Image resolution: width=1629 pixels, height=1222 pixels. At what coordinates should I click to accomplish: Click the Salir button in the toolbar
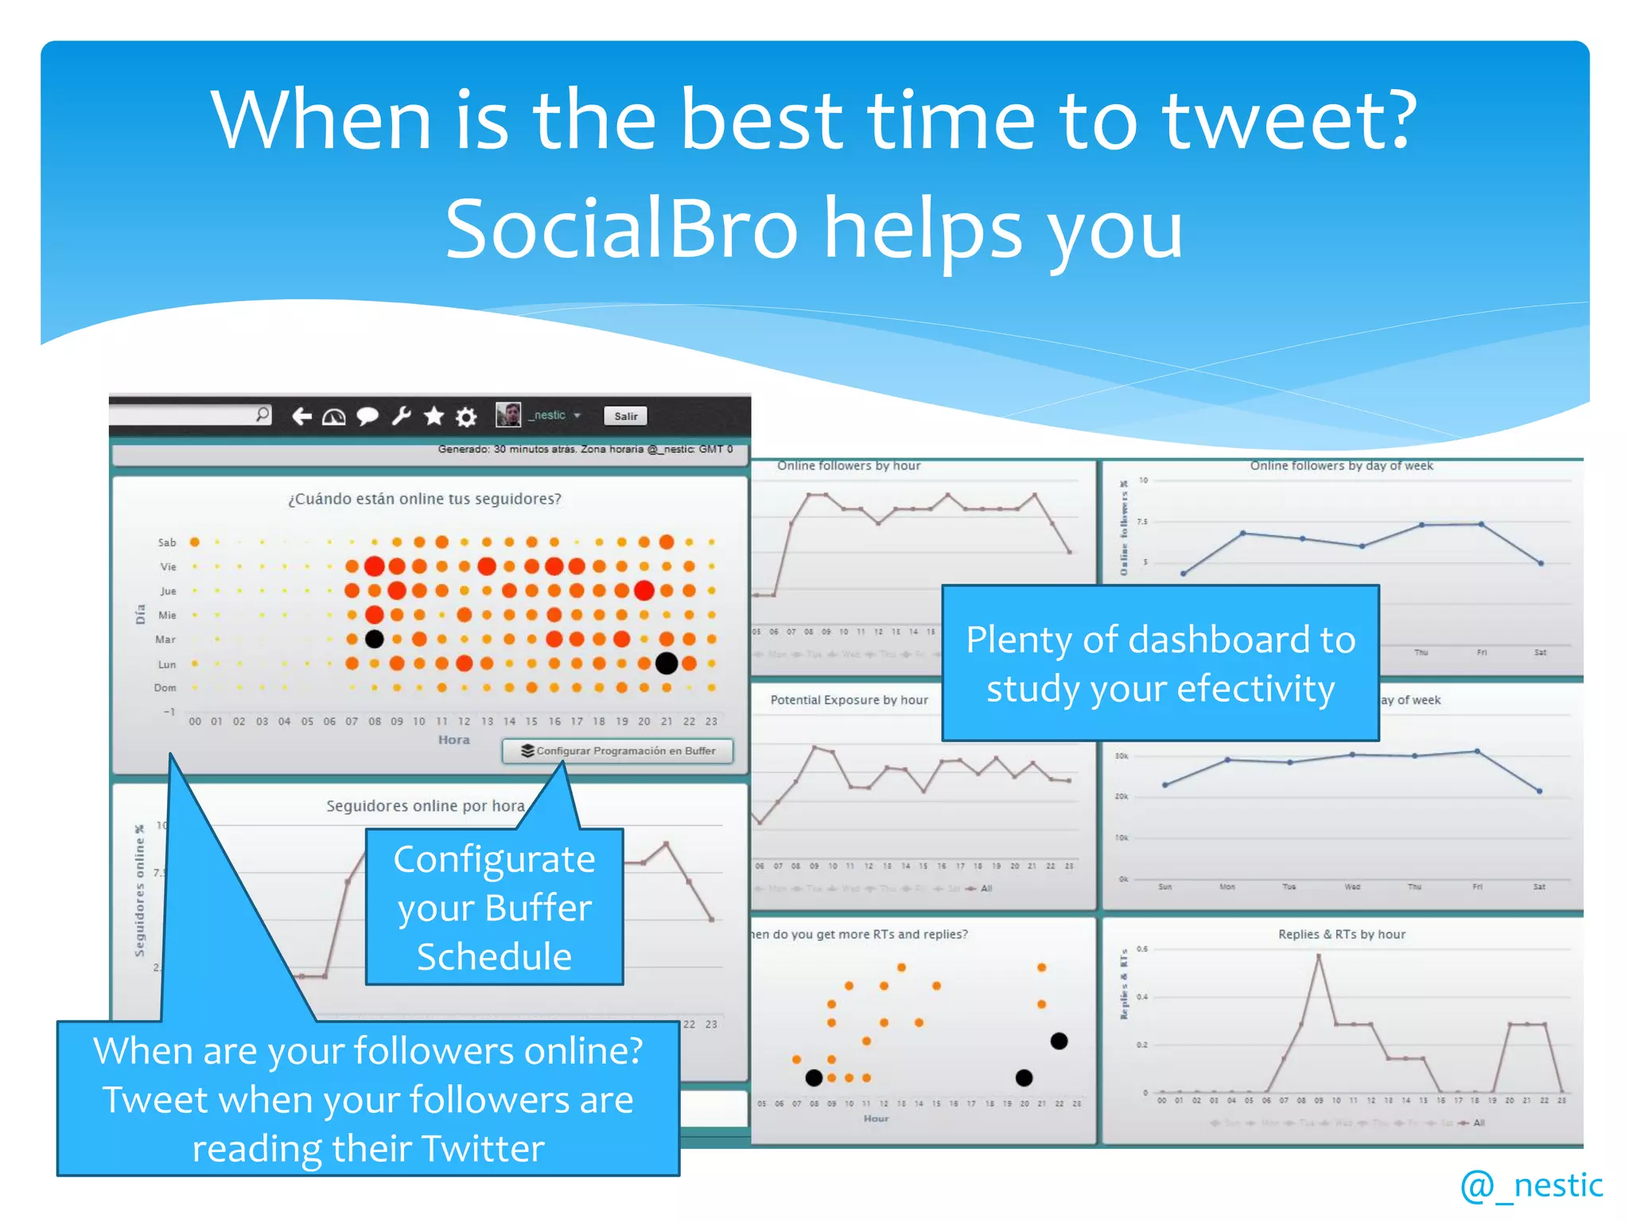(625, 416)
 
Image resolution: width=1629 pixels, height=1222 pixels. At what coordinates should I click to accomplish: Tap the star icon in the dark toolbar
(433, 415)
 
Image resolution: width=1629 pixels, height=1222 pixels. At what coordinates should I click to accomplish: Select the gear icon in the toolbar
(466, 416)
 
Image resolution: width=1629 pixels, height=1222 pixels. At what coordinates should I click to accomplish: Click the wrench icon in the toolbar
(401, 415)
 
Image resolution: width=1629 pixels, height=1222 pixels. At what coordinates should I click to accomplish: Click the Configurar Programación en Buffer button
(617, 751)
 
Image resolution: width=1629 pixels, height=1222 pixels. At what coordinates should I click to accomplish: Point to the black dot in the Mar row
(374, 639)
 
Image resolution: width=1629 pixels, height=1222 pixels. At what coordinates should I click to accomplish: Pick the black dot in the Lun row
(667, 663)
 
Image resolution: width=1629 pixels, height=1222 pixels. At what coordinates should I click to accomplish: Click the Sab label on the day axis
(166, 543)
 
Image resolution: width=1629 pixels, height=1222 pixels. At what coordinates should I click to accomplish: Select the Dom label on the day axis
(165, 688)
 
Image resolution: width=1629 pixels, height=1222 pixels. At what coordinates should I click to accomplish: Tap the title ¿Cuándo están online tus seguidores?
(424, 500)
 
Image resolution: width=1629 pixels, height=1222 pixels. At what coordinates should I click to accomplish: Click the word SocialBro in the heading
(620, 229)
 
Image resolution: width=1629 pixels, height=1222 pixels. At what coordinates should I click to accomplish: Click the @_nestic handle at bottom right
(1531, 1185)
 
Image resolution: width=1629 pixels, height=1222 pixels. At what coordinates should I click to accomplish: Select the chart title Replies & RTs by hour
(1341, 934)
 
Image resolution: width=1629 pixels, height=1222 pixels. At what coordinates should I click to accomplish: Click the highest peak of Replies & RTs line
(1319, 955)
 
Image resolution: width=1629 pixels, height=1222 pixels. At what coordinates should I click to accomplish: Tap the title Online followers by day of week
(1341, 465)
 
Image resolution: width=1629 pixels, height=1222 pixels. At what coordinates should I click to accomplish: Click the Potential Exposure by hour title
(849, 700)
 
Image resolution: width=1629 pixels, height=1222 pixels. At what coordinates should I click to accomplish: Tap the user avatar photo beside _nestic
(507, 414)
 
